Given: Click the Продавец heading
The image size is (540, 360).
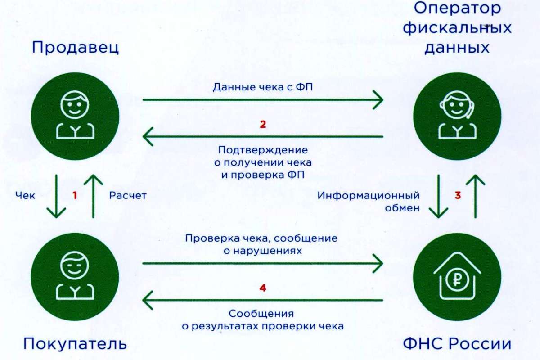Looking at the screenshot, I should (x=76, y=48).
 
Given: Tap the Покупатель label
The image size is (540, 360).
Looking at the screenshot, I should (x=75, y=345).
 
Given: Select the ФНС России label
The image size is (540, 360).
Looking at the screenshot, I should (x=457, y=345).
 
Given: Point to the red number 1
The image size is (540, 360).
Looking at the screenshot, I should (x=75, y=195).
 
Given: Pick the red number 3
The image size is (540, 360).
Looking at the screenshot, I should (x=458, y=195).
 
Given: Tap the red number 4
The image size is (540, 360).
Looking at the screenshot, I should (x=263, y=287).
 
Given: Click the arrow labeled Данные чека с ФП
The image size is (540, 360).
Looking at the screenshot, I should (x=263, y=100).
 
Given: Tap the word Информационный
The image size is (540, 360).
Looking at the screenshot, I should (x=369, y=196).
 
